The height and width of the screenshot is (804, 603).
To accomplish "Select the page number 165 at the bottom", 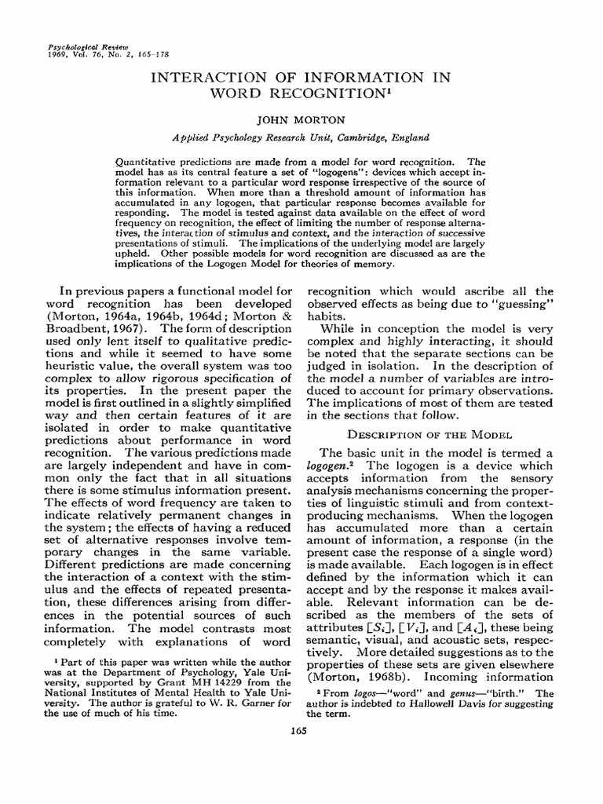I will (298, 731).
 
